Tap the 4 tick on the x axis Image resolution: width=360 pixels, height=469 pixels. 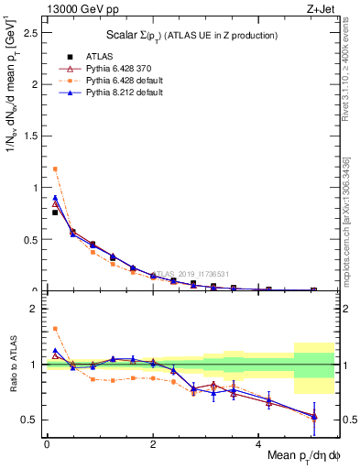tap(260, 444)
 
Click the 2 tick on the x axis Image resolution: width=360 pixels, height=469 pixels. tap(153, 444)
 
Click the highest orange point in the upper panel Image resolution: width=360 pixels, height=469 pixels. tap(55, 169)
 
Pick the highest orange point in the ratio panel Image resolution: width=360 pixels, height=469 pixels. tap(55, 328)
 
